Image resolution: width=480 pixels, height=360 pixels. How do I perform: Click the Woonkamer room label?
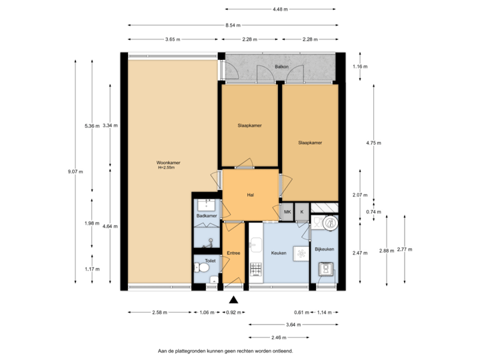pos(169,162)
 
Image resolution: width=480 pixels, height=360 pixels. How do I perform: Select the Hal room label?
pos(251,195)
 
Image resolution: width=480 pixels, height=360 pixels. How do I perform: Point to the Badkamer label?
pos(207,216)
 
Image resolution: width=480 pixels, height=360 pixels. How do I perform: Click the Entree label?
pos(233,253)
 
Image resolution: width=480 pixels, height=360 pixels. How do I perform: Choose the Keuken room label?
pos(279,253)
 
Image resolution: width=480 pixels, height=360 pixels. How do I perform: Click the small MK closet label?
pos(288,211)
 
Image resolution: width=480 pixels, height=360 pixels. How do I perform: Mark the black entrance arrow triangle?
pos(233,299)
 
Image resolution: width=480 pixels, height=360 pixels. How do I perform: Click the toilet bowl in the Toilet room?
pos(203,268)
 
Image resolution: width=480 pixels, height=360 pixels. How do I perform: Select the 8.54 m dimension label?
pos(233,25)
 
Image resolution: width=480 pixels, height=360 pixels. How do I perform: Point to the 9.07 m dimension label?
pos(75,171)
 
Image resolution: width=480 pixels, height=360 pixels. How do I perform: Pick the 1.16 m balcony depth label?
pos(361,67)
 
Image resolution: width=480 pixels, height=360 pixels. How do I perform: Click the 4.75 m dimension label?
pos(374,142)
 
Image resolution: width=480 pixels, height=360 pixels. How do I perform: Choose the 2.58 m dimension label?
pos(160,312)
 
